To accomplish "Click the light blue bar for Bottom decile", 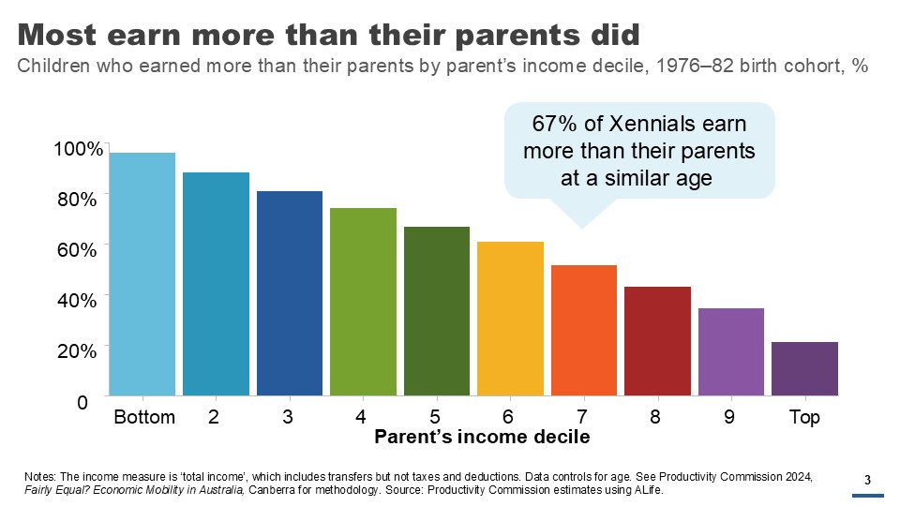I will (142, 274).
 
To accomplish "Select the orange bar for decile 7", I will (584, 330).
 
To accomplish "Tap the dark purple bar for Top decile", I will (804, 368).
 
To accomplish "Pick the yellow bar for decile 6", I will (510, 319).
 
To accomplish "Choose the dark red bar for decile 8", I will (657, 341).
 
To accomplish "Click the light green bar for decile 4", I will (363, 302).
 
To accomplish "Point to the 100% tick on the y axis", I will (77, 150).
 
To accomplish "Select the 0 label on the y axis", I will (82, 402).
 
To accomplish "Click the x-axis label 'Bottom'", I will (144, 418).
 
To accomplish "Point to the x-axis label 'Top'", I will (804, 418).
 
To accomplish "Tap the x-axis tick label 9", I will (729, 418).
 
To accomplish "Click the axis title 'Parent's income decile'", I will (482, 438).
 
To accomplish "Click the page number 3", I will (867, 482).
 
